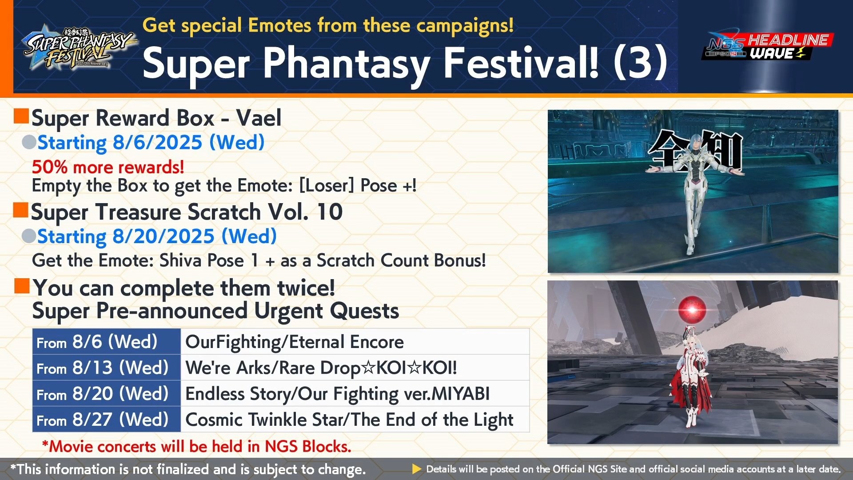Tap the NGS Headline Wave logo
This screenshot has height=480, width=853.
click(x=767, y=46)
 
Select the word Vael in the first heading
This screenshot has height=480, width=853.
click(x=259, y=118)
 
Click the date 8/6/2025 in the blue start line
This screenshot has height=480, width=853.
click(x=158, y=143)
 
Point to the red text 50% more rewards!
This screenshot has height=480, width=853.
click(x=108, y=167)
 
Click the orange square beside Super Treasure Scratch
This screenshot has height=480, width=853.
click(x=21, y=210)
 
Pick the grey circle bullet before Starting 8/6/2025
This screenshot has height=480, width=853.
click(x=29, y=142)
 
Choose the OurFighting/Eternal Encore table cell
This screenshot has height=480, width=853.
click(x=355, y=342)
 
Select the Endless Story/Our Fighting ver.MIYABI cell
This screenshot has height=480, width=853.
click(x=355, y=393)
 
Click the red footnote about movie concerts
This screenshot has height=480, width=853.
click(x=196, y=446)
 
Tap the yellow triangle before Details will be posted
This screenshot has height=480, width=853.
click(x=417, y=469)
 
